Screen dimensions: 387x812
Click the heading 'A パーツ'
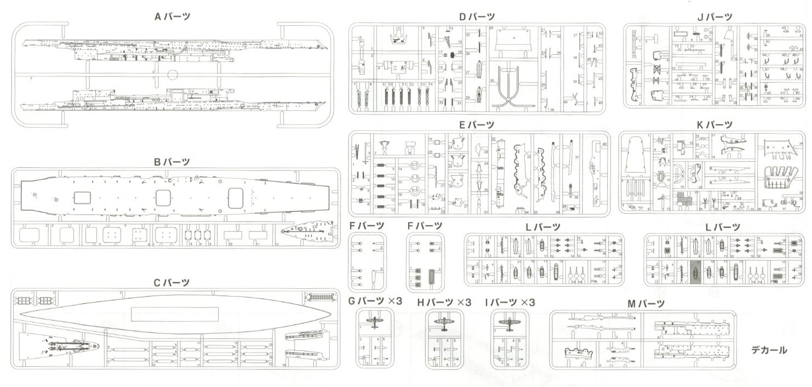tap(172, 16)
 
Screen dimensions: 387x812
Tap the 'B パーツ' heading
tap(172, 161)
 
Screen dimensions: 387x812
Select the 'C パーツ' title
tap(172, 283)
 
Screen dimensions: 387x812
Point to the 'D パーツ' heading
tap(477, 16)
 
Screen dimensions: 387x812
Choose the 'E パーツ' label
tap(477, 125)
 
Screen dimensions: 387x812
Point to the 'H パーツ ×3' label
tap(444, 302)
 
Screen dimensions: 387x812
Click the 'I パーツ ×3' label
tap(510, 302)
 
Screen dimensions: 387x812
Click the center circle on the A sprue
tap(172, 75)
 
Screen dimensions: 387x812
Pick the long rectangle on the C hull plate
tap(175, 314)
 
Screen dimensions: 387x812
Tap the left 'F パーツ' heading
tap(367, 226)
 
